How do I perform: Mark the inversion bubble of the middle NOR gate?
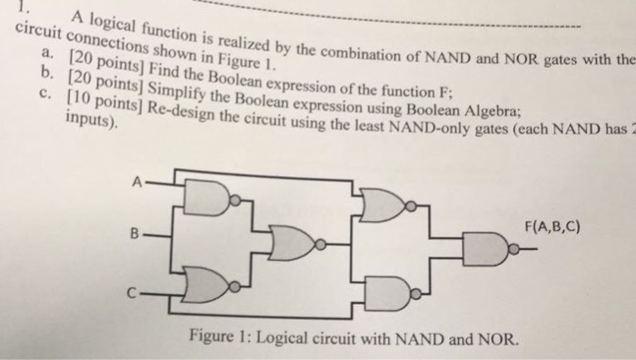(x=319, y=244)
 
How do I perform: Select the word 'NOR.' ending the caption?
(x=501, y=344)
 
